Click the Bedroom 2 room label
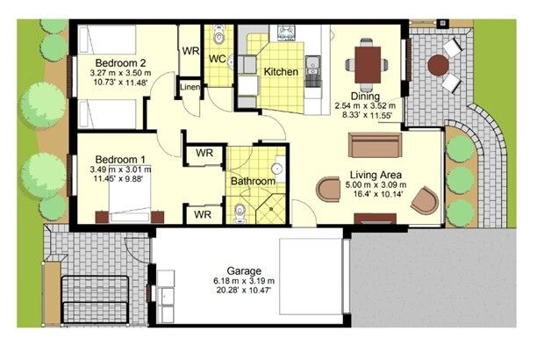(x=120, y=63)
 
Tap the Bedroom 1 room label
(x=120, y=160)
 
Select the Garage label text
(x=244, y=271)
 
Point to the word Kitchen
(x=281, y=72)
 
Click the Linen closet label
(x=190, y=87)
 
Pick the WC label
(x=217, y=59)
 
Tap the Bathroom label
(x=253, y=181)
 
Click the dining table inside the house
(x=368, y=65)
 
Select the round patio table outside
(x=439, y=66)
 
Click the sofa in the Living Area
(x=375, y=145)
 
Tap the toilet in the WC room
(x=218, y=34)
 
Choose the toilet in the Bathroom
(x=240, y=212)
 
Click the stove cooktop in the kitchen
(x=287, y=33)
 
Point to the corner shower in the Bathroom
(x=271, y=209)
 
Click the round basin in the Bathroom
(x=277, y=169)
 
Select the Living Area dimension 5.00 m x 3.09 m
(x=376, y=185)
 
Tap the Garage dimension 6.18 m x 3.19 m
(x=244, y=281)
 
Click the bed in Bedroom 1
(x=130, y=198)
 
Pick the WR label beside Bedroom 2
(x=190, y=51)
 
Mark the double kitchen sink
(x=312, y=66)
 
